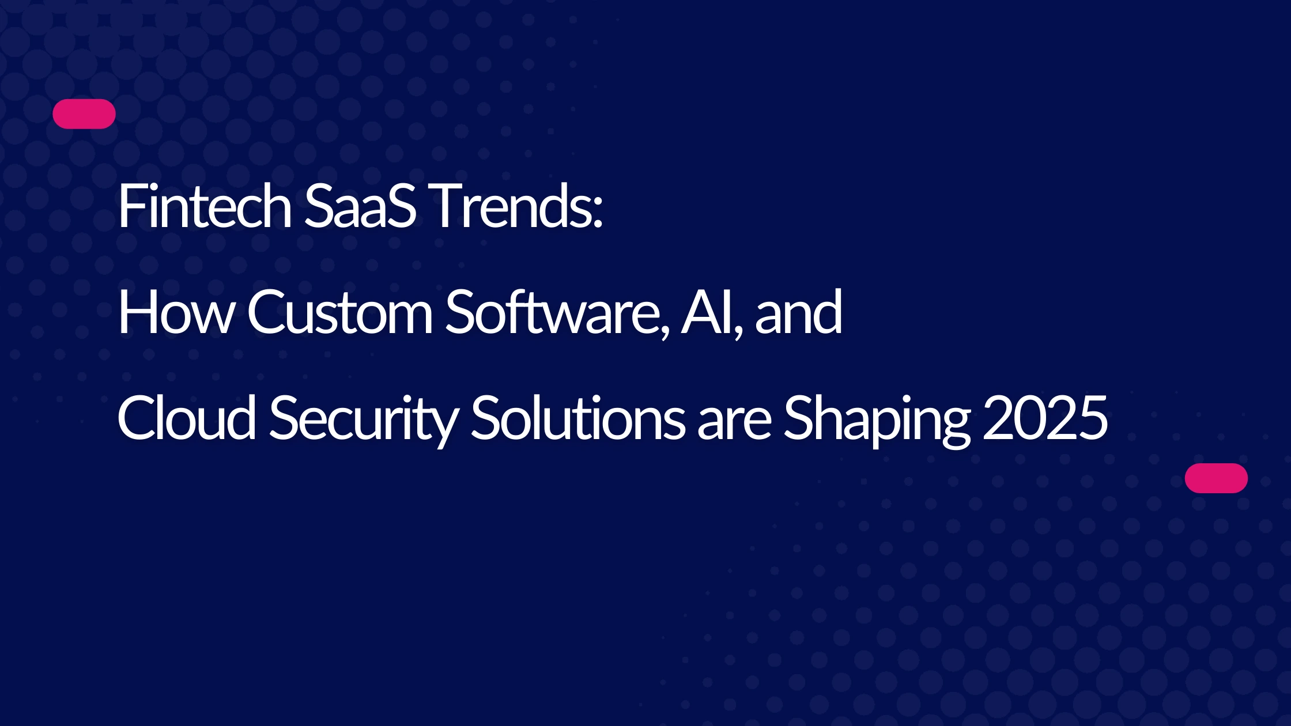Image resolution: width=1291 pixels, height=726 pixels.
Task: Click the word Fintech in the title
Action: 205,206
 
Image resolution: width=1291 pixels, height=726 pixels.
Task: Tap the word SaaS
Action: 360,206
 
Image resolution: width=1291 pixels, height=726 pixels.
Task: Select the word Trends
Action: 510,206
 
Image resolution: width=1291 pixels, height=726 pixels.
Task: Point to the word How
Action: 176,312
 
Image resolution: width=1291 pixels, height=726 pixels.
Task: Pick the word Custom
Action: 340,312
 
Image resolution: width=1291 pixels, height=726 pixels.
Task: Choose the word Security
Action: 363,421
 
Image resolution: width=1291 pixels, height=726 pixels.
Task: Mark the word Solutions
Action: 578,418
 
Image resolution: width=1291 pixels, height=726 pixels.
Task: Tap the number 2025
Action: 1045,418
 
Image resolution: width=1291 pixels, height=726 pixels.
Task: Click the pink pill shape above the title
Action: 84,114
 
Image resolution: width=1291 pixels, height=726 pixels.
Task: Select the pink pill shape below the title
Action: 1216,478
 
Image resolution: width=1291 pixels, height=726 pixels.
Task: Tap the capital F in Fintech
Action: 132,206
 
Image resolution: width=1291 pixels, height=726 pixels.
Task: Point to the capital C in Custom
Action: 267,312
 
